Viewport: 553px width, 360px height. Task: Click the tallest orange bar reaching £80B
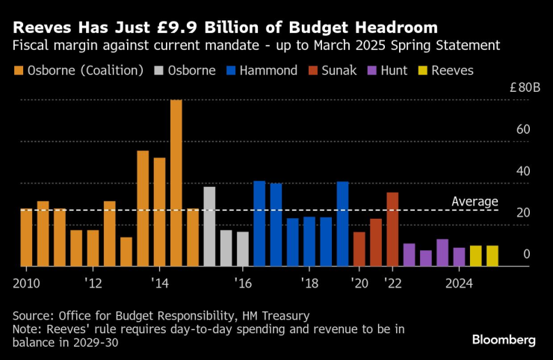pyautogui.click(x=176, y=183)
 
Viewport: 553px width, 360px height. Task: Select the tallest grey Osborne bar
pyautogui.click(x=209, y=226)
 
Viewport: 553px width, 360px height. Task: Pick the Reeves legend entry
pyautogui.click(x=446, y=70)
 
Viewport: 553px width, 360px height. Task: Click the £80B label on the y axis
pyautogui.click(x=525, y=87)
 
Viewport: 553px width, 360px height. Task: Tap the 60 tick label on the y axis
pyautogui.click(x=523, y=129)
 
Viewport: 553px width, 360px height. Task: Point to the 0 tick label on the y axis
pyautogui.click(x=527, y=255)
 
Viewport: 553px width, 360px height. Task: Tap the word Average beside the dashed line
pyautogui.click(x=475, y=202)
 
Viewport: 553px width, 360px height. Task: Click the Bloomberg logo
pyautogui.click(x=504, y=340)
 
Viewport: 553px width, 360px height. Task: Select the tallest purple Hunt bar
pyautogui.click(x=442, y=252)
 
